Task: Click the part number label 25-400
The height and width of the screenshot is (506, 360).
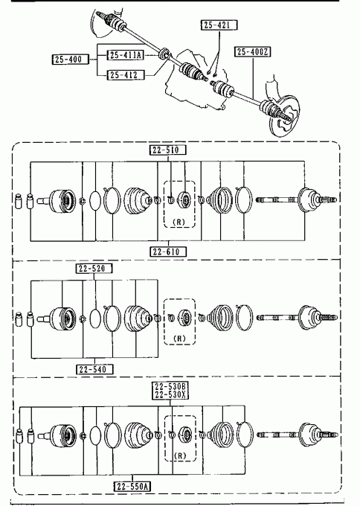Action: [x=70, y=60]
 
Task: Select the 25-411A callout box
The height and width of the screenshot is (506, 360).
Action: [x=126, y=55]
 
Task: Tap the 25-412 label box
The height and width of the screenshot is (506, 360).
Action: [x=126, y=75]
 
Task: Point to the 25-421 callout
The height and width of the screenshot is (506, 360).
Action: [x=219, y=25]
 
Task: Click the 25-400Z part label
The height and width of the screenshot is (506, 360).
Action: [x=253, y=51]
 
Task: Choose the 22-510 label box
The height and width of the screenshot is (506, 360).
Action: [x=168, y=150]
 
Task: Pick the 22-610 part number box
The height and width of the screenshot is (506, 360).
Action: [x=168, y=252]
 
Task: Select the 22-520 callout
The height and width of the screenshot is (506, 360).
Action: [x=94, y=269]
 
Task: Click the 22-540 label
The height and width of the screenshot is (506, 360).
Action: [x=94, y=369]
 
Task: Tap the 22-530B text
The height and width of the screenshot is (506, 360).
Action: [x=170, y=387]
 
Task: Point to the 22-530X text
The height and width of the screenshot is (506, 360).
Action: [x=170, y=394]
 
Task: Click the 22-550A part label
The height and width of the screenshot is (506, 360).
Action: [x=132, y=487]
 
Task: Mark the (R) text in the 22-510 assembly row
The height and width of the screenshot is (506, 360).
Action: [x=179, y=222]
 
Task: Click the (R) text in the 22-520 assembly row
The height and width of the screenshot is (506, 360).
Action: [x=179, y=339]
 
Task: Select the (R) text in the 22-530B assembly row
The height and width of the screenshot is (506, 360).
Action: [x=180, y=455]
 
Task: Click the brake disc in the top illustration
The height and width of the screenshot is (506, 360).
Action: [x=285, y=116]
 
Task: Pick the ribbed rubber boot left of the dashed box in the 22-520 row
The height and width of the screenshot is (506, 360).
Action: [x=138, y=318]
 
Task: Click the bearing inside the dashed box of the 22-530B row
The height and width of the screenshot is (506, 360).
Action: [x=186, y=435]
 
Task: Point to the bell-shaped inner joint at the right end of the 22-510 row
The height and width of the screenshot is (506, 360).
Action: [x=309, y=199]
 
